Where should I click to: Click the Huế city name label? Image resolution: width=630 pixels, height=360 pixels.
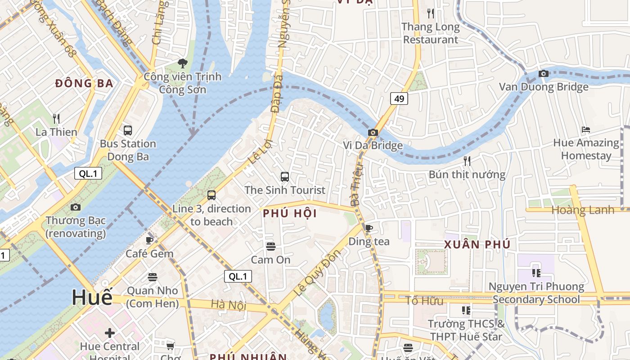[92, 298]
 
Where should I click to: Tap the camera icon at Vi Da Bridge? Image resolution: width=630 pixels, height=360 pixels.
[373, 132]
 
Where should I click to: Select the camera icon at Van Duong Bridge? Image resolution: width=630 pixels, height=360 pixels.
[544, 73]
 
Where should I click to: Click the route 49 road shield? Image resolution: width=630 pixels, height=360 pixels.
[399, 99]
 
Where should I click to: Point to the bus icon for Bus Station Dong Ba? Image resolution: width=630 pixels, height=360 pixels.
[128, 130]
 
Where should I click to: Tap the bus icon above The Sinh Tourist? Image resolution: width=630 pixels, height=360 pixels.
[285, 177]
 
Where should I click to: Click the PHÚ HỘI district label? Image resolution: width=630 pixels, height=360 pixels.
[290, 214]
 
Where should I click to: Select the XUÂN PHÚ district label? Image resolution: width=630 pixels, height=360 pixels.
[477, 245]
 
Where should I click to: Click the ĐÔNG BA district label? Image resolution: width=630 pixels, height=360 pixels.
[84, 83]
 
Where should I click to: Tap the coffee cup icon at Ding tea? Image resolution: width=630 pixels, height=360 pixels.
[369, 228]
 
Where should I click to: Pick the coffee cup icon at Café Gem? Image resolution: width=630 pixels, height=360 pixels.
[150, 240]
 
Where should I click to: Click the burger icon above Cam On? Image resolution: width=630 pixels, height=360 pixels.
[270, 246]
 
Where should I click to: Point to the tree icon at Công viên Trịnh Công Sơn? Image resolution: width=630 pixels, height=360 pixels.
[182, 63]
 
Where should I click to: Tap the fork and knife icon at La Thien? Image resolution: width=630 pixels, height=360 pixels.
[56, 119]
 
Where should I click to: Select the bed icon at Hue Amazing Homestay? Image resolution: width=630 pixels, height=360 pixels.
[585, 130]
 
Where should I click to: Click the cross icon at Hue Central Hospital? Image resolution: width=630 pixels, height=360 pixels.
[110, 333]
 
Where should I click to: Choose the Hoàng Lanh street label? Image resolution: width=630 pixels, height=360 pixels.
[583, 210]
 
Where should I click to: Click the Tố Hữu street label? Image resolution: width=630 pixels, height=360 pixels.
[424, 301]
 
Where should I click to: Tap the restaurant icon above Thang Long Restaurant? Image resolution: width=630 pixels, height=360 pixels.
[431, 13]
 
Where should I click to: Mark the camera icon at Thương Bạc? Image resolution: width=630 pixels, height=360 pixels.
[76, 207]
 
